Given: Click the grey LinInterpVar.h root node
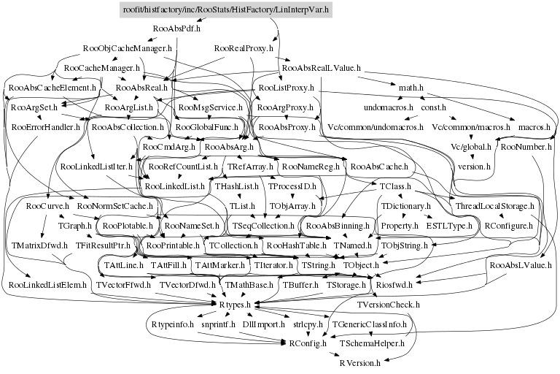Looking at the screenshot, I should click(x=225, y=9).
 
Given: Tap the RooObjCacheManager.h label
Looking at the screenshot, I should click(x=127, y=48).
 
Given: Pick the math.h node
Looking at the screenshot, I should click(x=411, y=88).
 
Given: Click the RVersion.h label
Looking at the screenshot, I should click(x=359, y=362).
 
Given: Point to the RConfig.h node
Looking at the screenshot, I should click(x=303, y=343).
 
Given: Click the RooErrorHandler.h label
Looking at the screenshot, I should click(x=46, y=127).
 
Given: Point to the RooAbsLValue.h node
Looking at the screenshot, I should click(x=521, y=264).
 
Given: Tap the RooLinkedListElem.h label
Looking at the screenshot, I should click(x=50, y=283).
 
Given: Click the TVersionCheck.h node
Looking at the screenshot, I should click(x=388, y=303).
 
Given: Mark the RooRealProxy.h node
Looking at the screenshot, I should click(x=244, y=48).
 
